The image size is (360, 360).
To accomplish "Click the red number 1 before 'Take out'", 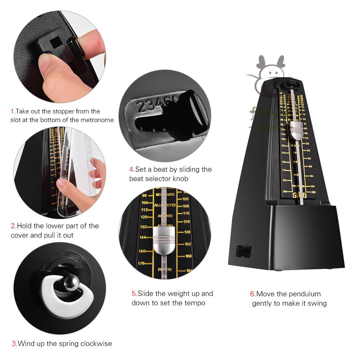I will [x=12, y=111].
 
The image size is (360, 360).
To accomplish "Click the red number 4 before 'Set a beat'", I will [x=132, y=169].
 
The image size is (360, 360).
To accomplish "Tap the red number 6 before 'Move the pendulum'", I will [x=253, y=294].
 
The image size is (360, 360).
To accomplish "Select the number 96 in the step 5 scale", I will [x=145, y=195].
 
